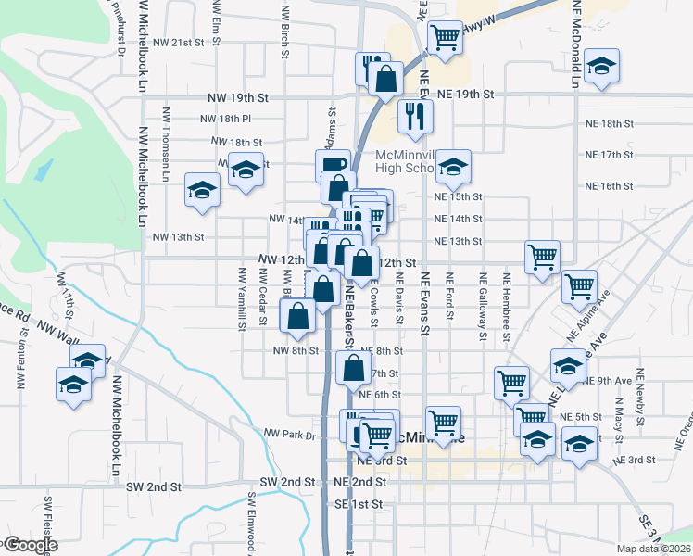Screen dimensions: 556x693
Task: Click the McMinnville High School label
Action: pyautogui.click(x=406, y=161)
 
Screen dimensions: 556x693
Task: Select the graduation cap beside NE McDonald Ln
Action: pyautogui.click(x=602, y=68)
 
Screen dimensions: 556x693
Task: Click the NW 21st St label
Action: pyautogui.click(x=178, y=43)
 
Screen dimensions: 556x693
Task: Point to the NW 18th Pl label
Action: pyautogui.click(x=226, y=119)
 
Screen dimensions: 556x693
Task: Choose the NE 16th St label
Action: pyautogui.click(x=610, y=186)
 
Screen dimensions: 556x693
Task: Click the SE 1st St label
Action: pyautogui.click(x=359, y=504)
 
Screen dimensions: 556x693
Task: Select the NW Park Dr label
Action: pyautogui.click(x=290, y=434)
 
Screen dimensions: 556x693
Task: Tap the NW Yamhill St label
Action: pyautogui.click(x=242, y=297)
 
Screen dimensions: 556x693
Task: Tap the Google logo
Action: pyautogui.click(x=29, y=545)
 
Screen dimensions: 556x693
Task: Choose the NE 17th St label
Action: pyautogui.click(x=610, y=154)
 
